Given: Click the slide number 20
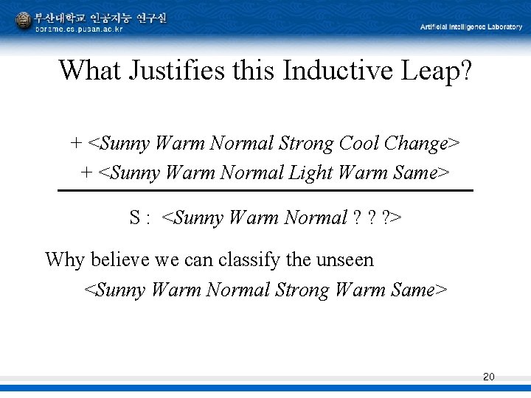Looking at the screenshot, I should pyautogui.click(x=488, y=377).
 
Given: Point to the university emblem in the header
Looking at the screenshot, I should pyautogui.click(x=24, y=20).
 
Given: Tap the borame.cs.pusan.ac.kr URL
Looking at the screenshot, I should pyautogui.click(x=79, y=29).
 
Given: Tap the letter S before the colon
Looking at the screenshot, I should pyautogui.click(x=135, y=218).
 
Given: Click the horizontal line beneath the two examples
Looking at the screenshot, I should pyautogui.click(x=265, y=191).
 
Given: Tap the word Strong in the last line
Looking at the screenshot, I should pyautogui.click(x=302, y=290).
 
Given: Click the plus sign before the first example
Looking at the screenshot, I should pyautogui.click(x=76, y=143).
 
